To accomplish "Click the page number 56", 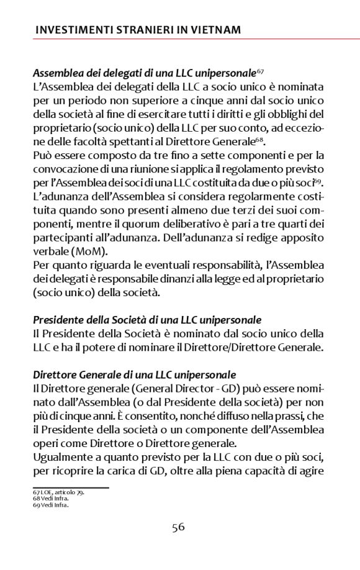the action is [178, 527].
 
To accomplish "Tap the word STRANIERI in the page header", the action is [138, 30].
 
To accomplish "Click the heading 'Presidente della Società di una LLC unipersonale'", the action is [147, 320].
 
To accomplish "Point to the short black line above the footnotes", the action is [70, 488].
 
